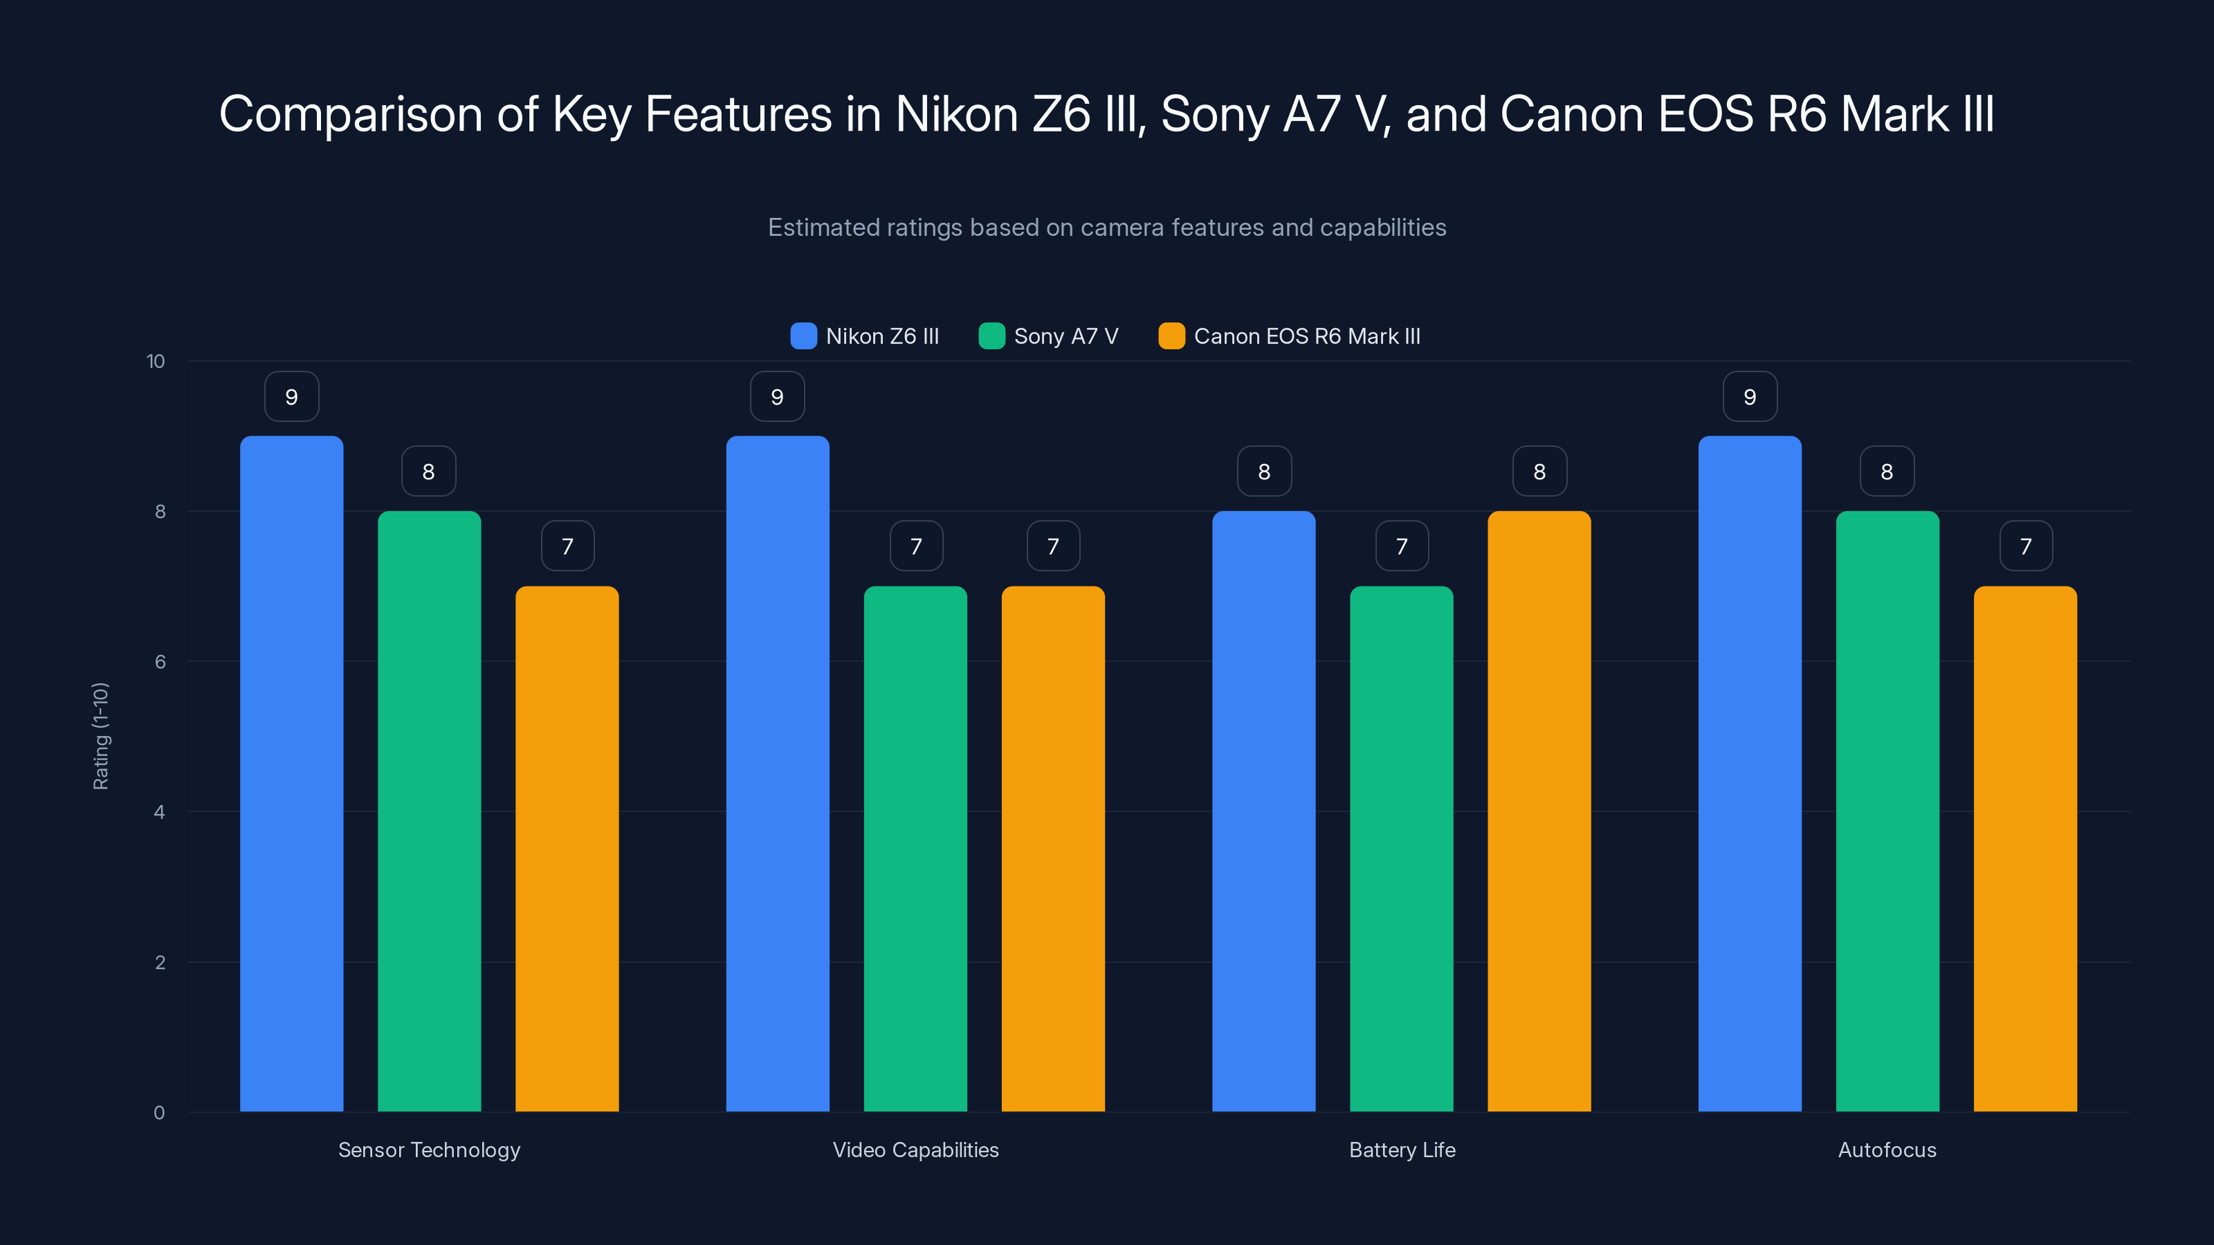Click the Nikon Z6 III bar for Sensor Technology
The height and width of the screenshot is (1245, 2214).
coord(291,773)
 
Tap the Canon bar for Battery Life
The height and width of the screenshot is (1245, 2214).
coord(1539,811)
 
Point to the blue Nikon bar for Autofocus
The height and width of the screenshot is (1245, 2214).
coord(1749,773)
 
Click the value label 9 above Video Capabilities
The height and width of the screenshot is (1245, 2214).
coord(777,397)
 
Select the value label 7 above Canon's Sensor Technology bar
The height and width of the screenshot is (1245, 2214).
coord(567,546)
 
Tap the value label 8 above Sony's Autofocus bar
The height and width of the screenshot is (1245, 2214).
coord(1887,472)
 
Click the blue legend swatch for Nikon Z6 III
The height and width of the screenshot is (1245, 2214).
coord(803,336)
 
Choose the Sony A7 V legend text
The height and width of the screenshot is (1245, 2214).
coord(1065,336)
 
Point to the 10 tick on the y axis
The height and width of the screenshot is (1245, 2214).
coord(156,361)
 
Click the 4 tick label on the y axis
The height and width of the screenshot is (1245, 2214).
coord(159,812)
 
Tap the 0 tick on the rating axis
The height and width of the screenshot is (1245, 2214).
coord(159,1113)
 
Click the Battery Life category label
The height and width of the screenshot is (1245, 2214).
coord(1402,1150)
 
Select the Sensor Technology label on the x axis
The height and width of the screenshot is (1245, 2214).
coord(429,1150)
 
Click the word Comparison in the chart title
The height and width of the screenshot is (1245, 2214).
coord(351,114)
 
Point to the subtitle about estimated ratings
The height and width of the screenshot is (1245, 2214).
coord(1106,228)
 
